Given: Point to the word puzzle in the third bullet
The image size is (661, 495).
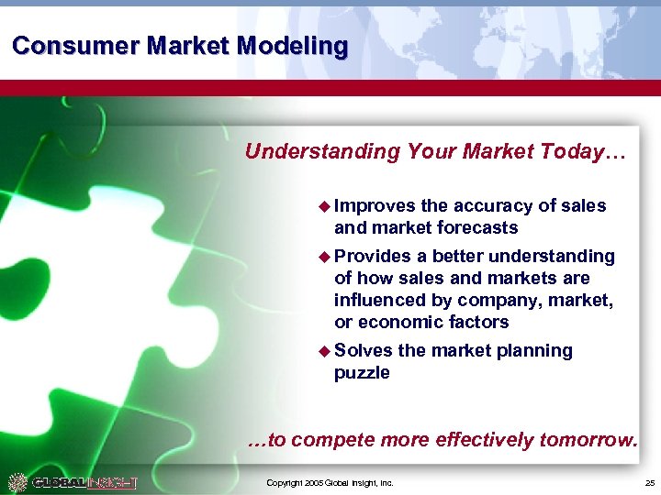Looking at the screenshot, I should click(362, 373).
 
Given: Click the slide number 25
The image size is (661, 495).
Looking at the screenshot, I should click(649, 483).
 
